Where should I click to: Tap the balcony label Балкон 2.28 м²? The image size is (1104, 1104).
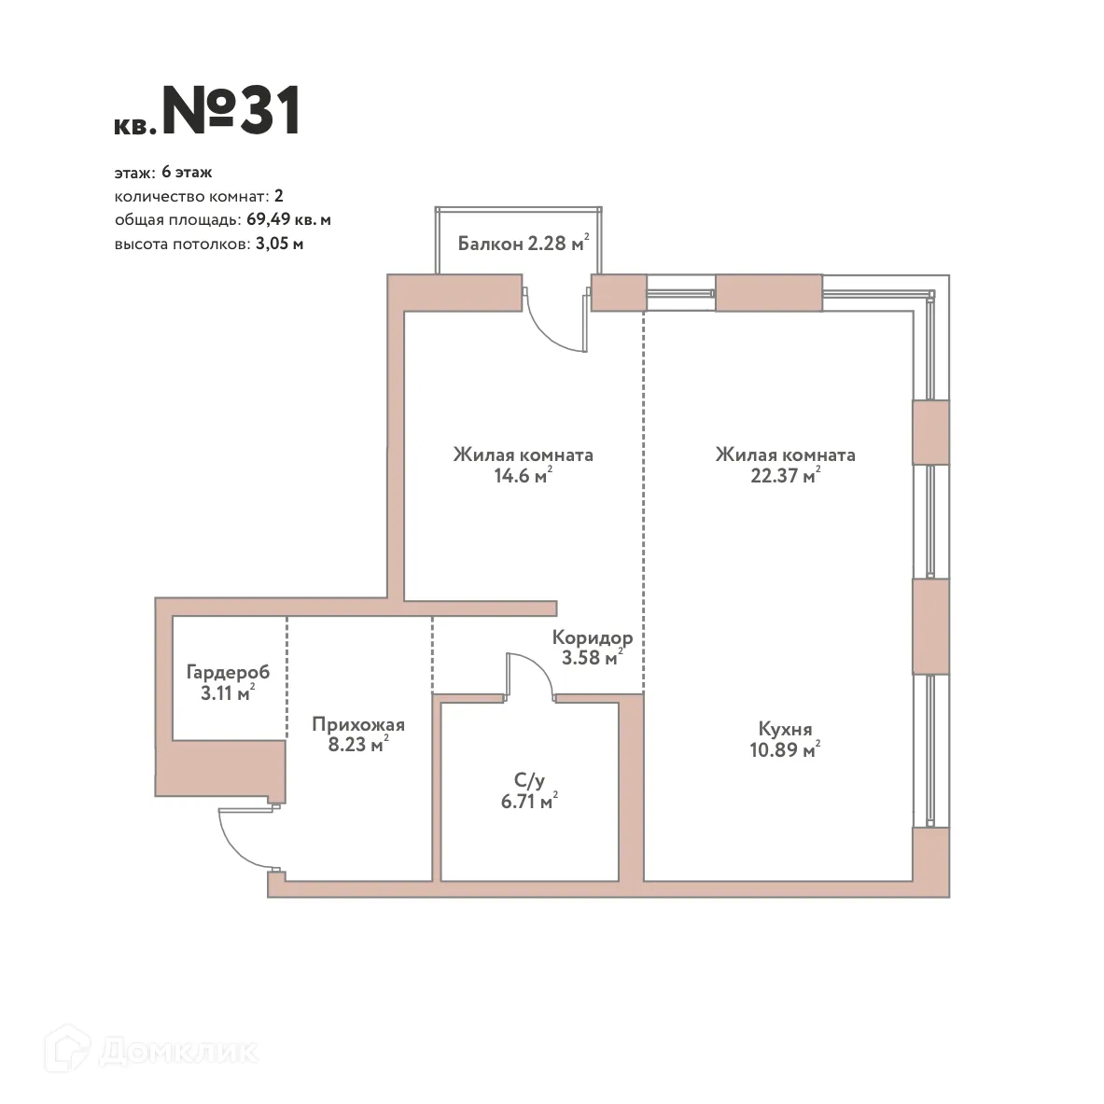(524, 244)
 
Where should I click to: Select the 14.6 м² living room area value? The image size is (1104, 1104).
(523, 475)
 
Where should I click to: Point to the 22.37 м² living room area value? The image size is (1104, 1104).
(785, 475)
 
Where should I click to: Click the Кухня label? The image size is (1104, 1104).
(785, 729)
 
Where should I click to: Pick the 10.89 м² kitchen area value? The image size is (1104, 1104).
(785, 750)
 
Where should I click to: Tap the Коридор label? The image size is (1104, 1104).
(592, 638)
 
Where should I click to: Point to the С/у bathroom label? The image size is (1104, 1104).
(529, 779)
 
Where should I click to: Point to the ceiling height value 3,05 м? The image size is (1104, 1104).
(279, 245)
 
